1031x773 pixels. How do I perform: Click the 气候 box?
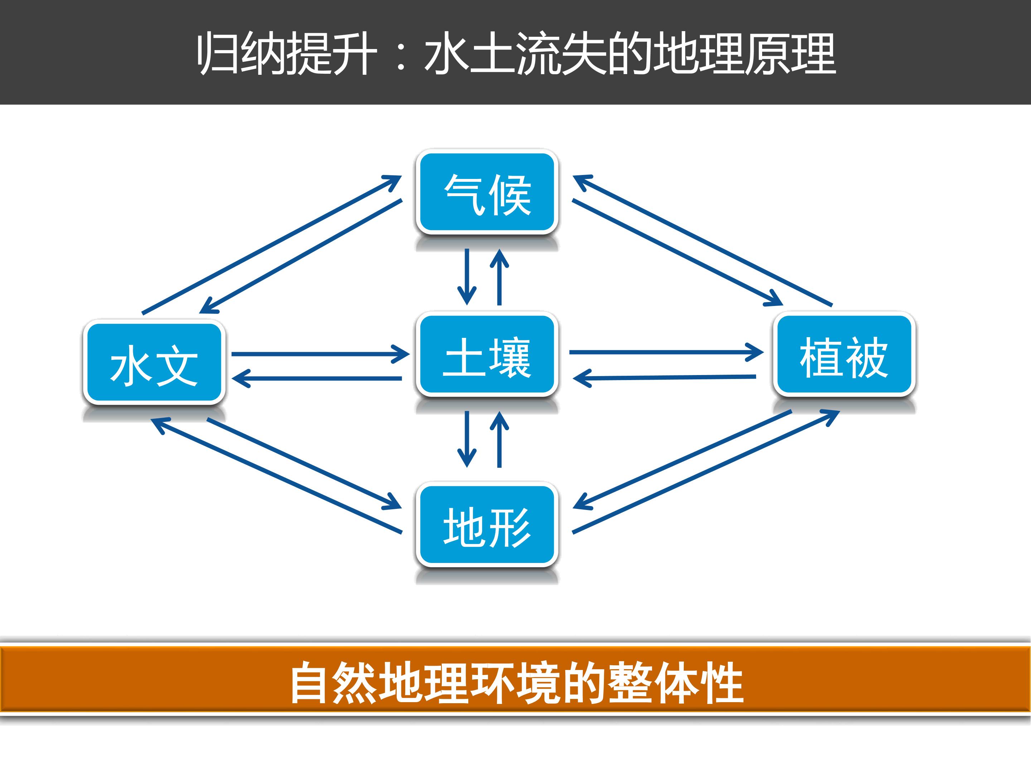pos(487,193)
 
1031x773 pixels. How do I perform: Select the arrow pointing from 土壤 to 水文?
pos(317,378)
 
